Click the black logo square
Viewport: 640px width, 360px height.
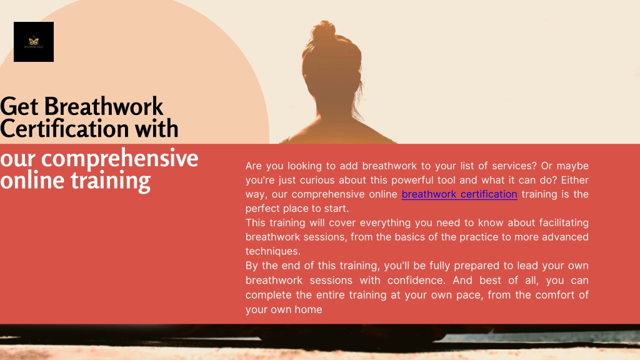pos(34,42)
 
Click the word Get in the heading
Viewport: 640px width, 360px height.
pos(19,106)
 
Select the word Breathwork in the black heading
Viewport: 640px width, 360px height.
pos(104,106)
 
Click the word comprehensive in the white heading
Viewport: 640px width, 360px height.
pos(119,159)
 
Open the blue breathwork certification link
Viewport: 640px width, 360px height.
pos(459,194)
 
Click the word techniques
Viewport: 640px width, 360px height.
pos(272,251)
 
